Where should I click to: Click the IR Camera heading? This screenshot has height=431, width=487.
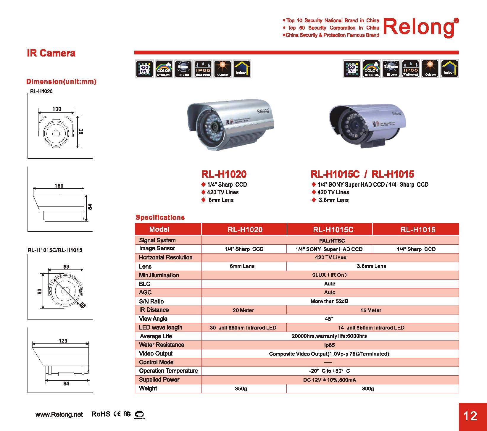(51, 53)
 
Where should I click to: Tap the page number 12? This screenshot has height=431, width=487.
(470, 416)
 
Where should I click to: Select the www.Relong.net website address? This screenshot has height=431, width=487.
(59, 414)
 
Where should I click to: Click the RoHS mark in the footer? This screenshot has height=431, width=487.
(101, 414)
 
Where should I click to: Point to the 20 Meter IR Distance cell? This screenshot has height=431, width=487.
(243, 310)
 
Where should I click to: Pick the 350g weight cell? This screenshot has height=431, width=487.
(241, 388)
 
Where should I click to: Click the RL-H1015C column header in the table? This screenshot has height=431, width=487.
(333, 230)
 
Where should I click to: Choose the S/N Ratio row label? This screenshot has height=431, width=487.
(151, 301)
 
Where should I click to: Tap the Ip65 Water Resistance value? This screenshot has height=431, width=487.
(329, 345)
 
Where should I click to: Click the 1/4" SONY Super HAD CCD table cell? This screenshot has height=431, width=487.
(329, 249)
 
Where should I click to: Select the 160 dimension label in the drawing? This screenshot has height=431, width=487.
(59, 185)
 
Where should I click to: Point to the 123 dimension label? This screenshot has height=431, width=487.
(63, 340)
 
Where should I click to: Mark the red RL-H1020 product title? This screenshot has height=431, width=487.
(224, 174)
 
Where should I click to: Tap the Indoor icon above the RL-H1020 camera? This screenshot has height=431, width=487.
(242, 69)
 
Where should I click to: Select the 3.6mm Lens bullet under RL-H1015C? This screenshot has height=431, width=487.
(333, 200)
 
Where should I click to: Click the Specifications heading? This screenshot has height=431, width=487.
(160, 217)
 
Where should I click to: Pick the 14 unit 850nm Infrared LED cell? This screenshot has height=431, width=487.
(371, 328)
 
